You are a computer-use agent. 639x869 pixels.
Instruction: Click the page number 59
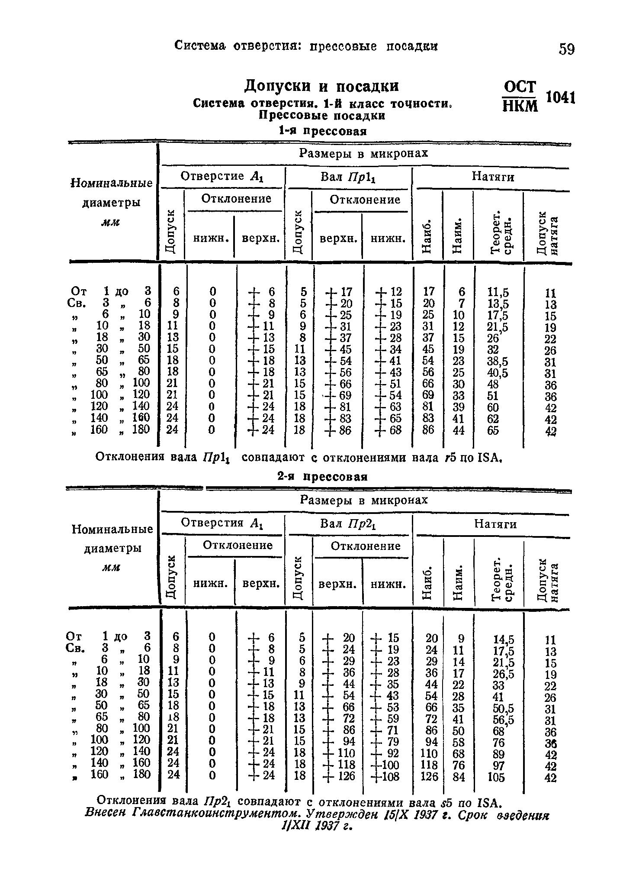pos(566,49)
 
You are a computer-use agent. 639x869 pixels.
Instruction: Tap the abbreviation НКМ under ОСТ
pos(520,106)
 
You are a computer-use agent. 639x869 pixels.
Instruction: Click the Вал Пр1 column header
pos(347,178)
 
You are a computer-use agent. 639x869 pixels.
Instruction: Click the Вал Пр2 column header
pos(348,524)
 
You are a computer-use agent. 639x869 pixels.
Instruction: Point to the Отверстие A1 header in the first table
pos(222,177)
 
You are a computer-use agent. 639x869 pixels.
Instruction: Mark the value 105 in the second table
pos(496,777)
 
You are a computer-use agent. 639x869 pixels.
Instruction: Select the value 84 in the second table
pos(459,777)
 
